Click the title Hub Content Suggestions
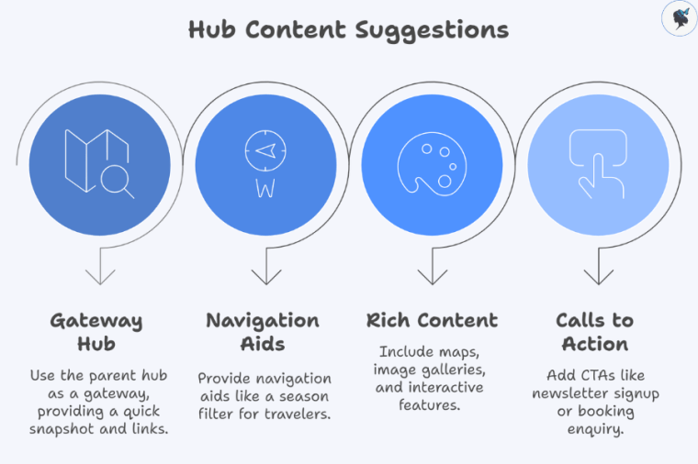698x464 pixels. coord(348,29)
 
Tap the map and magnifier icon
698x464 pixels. coord(98,163)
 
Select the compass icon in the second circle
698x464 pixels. coord(265,163)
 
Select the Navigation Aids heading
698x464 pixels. coord(263,333)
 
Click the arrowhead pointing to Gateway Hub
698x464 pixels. coord(99,276)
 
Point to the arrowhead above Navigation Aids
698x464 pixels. coord(265,276)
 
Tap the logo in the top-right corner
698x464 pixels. coord(678,18)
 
